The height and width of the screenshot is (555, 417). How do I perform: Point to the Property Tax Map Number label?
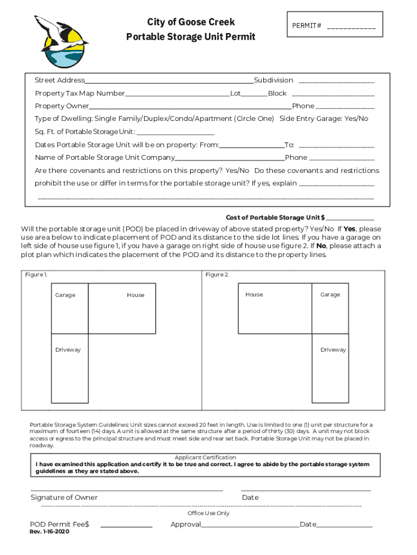pos(80,93)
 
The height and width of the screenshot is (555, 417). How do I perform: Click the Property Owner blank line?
pos(190,107)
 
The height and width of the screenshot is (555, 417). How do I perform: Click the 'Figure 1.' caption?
pos(36,275)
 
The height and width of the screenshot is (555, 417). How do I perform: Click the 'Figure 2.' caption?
pos(217,275)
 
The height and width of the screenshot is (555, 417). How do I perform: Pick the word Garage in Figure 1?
pos(65,295)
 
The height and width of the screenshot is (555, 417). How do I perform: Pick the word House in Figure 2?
pos(254,295)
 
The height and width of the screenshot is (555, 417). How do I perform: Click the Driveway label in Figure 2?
pos(333,350)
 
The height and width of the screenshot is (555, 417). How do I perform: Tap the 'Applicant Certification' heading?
pos(205,457)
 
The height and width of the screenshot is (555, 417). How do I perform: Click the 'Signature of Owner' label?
pos(64,498)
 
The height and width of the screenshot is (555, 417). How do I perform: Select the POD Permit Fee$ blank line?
pos(126,526)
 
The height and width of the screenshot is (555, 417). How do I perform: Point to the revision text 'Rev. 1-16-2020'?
pos(49,532)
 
